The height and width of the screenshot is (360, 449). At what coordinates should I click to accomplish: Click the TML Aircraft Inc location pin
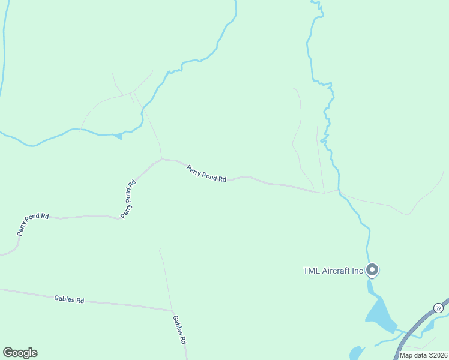pos(372,270)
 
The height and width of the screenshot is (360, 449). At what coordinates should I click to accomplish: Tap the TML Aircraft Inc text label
pos(333,271)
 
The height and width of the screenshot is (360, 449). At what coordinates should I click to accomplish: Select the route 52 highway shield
pos(438,308)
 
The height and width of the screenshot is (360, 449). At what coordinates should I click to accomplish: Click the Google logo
pos(20,353)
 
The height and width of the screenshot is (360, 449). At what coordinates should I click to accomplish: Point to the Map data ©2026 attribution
pos(424,355)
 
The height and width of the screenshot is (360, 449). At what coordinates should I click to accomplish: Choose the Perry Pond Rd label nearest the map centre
pos(206,174)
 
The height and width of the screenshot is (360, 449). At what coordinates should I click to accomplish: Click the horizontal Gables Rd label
pos(69,299)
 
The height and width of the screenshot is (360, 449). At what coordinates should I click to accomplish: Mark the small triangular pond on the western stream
pos(118,136)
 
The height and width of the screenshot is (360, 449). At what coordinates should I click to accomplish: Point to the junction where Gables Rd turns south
pos(173,311)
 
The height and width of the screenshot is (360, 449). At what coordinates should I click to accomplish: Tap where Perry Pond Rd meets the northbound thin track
pos(161,159)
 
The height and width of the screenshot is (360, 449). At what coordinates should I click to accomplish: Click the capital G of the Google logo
pos(8,353)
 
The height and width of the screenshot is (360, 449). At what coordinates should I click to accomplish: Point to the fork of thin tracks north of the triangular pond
pos(133,93)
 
